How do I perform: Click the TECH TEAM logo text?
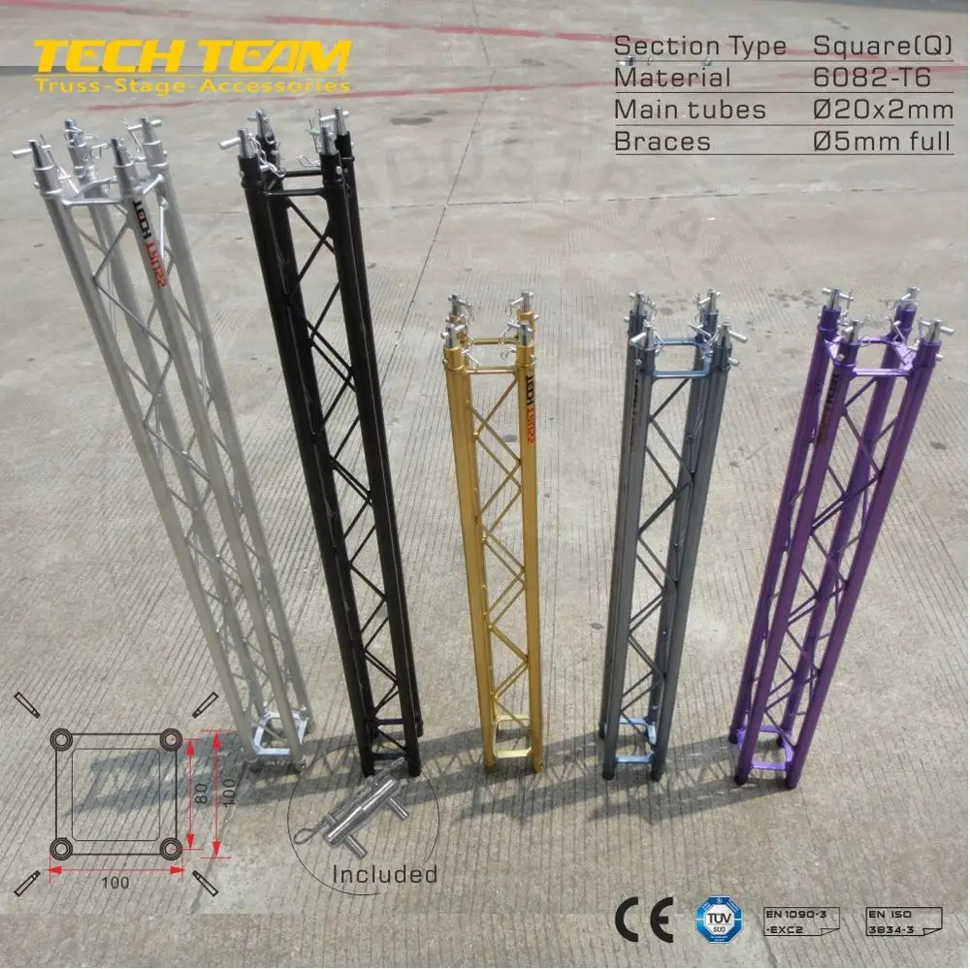190,57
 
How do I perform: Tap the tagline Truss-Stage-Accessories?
190,85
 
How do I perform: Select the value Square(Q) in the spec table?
882,45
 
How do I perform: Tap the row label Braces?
663,142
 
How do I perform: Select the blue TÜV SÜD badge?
718,917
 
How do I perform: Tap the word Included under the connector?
384,874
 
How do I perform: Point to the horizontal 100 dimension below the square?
115,882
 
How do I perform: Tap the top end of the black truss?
291,145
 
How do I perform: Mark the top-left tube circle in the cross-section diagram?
62,740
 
